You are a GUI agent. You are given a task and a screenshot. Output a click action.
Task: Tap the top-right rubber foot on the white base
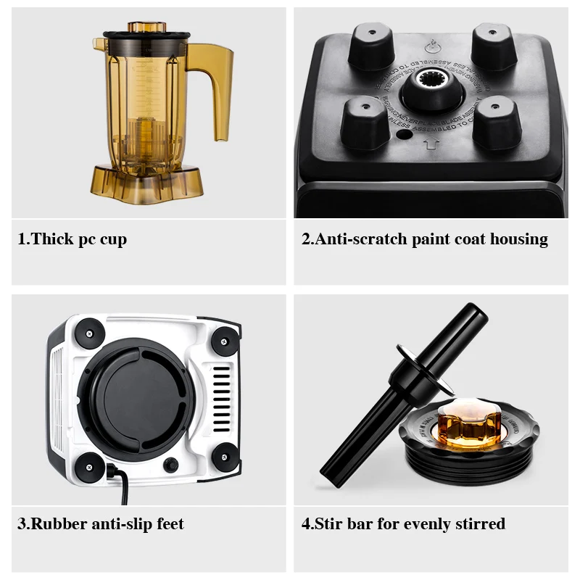225,339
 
